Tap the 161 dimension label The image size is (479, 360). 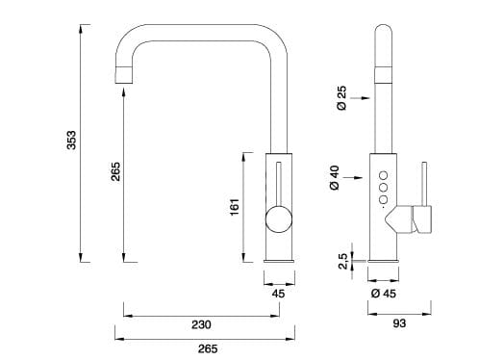tap(234, 208)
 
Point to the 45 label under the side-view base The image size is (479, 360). tap(279, 293)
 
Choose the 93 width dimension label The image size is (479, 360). tap(399, 323)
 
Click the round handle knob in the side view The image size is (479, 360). tap(278, 220)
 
